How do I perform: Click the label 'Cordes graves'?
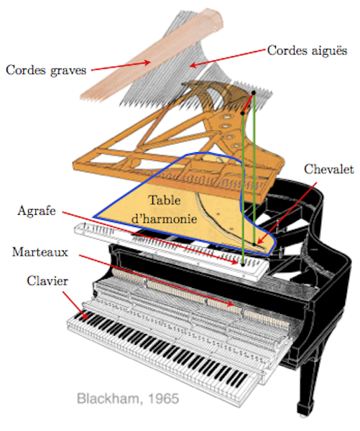pos(46,70)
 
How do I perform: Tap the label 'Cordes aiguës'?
pos(308,50)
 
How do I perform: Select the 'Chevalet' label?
pos(328,170)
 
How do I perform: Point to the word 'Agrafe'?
pos(37,211)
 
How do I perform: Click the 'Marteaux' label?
pos(40,252)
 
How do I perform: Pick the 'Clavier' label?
pos(47,281)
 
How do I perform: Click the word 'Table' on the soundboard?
pos(165,200)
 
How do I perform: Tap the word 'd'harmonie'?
pos(164,218)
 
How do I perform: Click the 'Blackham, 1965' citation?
pos(128,399)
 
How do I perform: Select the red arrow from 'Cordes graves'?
pos(121,66)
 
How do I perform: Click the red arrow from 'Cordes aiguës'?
pos(229,58)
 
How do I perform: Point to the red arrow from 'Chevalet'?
pos(286,213)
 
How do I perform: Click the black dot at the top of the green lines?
pos(254,93)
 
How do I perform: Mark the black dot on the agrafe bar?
pos(243,264)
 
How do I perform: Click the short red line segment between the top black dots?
pos(248,103)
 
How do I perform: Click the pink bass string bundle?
pos(152,55)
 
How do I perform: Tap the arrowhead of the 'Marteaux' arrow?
pos(231,303)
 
